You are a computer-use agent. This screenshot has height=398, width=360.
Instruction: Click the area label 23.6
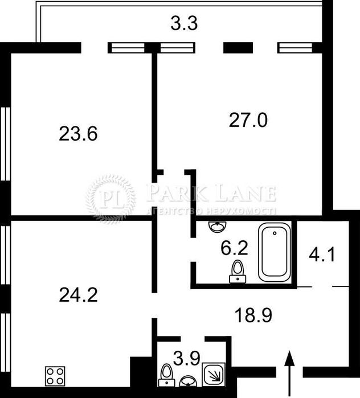(x=79, y=134)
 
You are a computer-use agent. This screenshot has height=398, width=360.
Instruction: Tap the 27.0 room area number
(x=248, y=120)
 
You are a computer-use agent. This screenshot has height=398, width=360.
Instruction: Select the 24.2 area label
(x=79, y=294)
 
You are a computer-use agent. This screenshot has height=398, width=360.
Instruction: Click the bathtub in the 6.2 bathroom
(x=276, y=252)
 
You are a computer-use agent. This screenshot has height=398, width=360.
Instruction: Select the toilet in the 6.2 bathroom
(x=237, y=271)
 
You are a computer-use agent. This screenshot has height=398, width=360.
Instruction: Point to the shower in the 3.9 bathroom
(x=214, y=374)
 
